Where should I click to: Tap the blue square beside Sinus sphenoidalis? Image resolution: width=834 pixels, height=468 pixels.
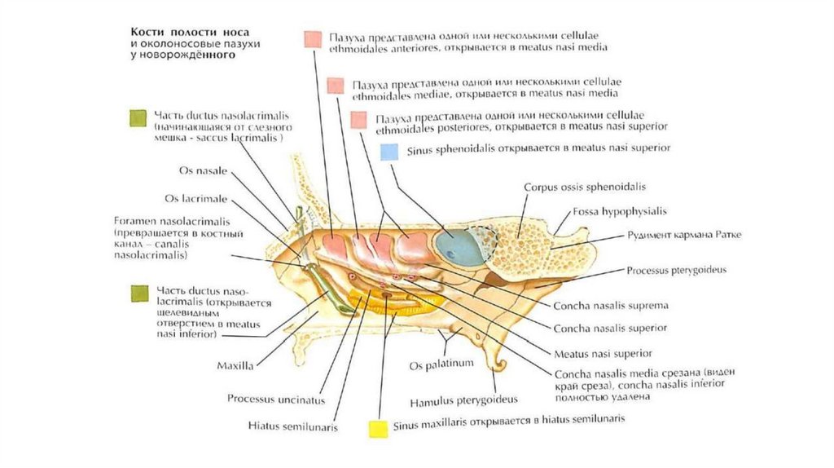point(390,152)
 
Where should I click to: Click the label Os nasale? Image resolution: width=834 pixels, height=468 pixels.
point(203,171)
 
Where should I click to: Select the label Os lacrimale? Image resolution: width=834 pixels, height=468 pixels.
point(196,198)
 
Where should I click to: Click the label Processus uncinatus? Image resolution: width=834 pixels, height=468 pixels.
point(276,400)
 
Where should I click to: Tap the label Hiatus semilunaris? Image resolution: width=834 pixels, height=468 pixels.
point(293,426)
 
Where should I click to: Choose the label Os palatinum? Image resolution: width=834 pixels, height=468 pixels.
point(441,364)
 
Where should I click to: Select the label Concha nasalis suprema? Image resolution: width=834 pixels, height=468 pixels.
point(611,306)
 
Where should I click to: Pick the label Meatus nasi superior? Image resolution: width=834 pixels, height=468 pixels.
point(603,354)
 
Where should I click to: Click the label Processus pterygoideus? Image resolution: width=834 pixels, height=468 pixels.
point(677,269)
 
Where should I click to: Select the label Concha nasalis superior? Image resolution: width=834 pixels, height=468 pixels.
point(610,329)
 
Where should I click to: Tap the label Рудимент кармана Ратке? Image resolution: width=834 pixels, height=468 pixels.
point(685,236)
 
